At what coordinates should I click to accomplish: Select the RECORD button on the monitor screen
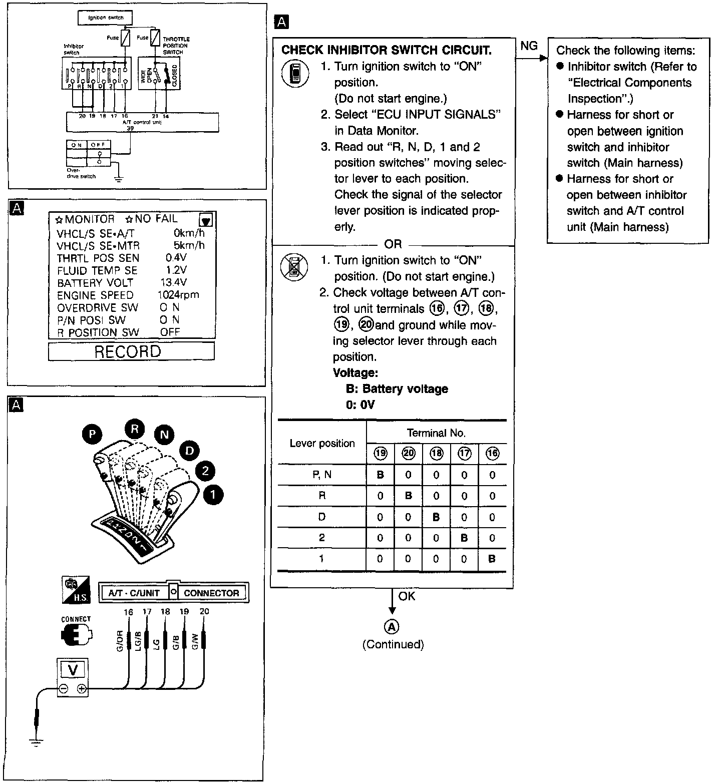click(131, 352)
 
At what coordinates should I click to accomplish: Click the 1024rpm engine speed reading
click(178, 295)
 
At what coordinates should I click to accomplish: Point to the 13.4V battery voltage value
click(173, 282)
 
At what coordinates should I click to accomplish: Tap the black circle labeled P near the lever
click(93, 434)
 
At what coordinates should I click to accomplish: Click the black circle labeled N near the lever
click(164, 434)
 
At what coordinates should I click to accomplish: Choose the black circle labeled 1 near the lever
click(213, 495)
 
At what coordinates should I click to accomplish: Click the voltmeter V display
click(73, 669)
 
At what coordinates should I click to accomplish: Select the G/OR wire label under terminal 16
click(120, 642)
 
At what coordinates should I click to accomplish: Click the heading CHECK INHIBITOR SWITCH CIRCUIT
click(386, 50)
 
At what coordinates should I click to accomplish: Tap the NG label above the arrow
click(529, 46)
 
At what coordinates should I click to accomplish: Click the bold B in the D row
click(436, 517)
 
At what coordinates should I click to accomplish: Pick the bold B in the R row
click(409, 496)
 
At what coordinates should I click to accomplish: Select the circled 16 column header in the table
click(492, 454)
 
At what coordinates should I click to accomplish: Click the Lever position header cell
click(322, 444)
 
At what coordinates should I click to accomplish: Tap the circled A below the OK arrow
click(392, 627)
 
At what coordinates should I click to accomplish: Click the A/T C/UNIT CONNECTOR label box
click(174, 593)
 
